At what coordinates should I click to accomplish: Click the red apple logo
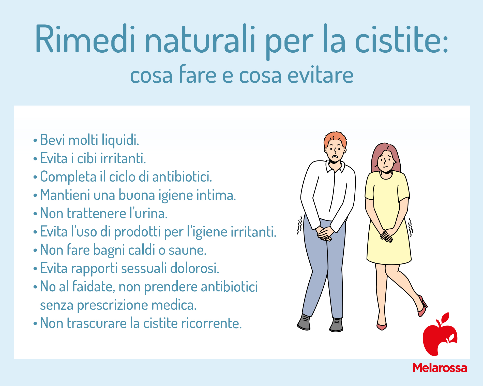[440, 334]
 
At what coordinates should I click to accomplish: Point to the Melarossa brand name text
[440, 368]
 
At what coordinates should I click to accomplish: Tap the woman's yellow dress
[388, 216]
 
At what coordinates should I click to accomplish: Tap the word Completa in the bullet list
[68, 177]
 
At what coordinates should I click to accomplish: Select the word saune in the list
[187, 250]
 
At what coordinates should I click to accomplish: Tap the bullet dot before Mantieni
[35, 196]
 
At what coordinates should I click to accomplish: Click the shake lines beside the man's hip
[300, 225]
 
